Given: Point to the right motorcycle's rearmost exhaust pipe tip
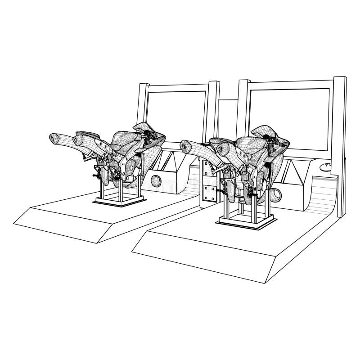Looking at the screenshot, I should click(x=184, y=145).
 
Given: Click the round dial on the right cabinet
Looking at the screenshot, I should click(x=324, y=168).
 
